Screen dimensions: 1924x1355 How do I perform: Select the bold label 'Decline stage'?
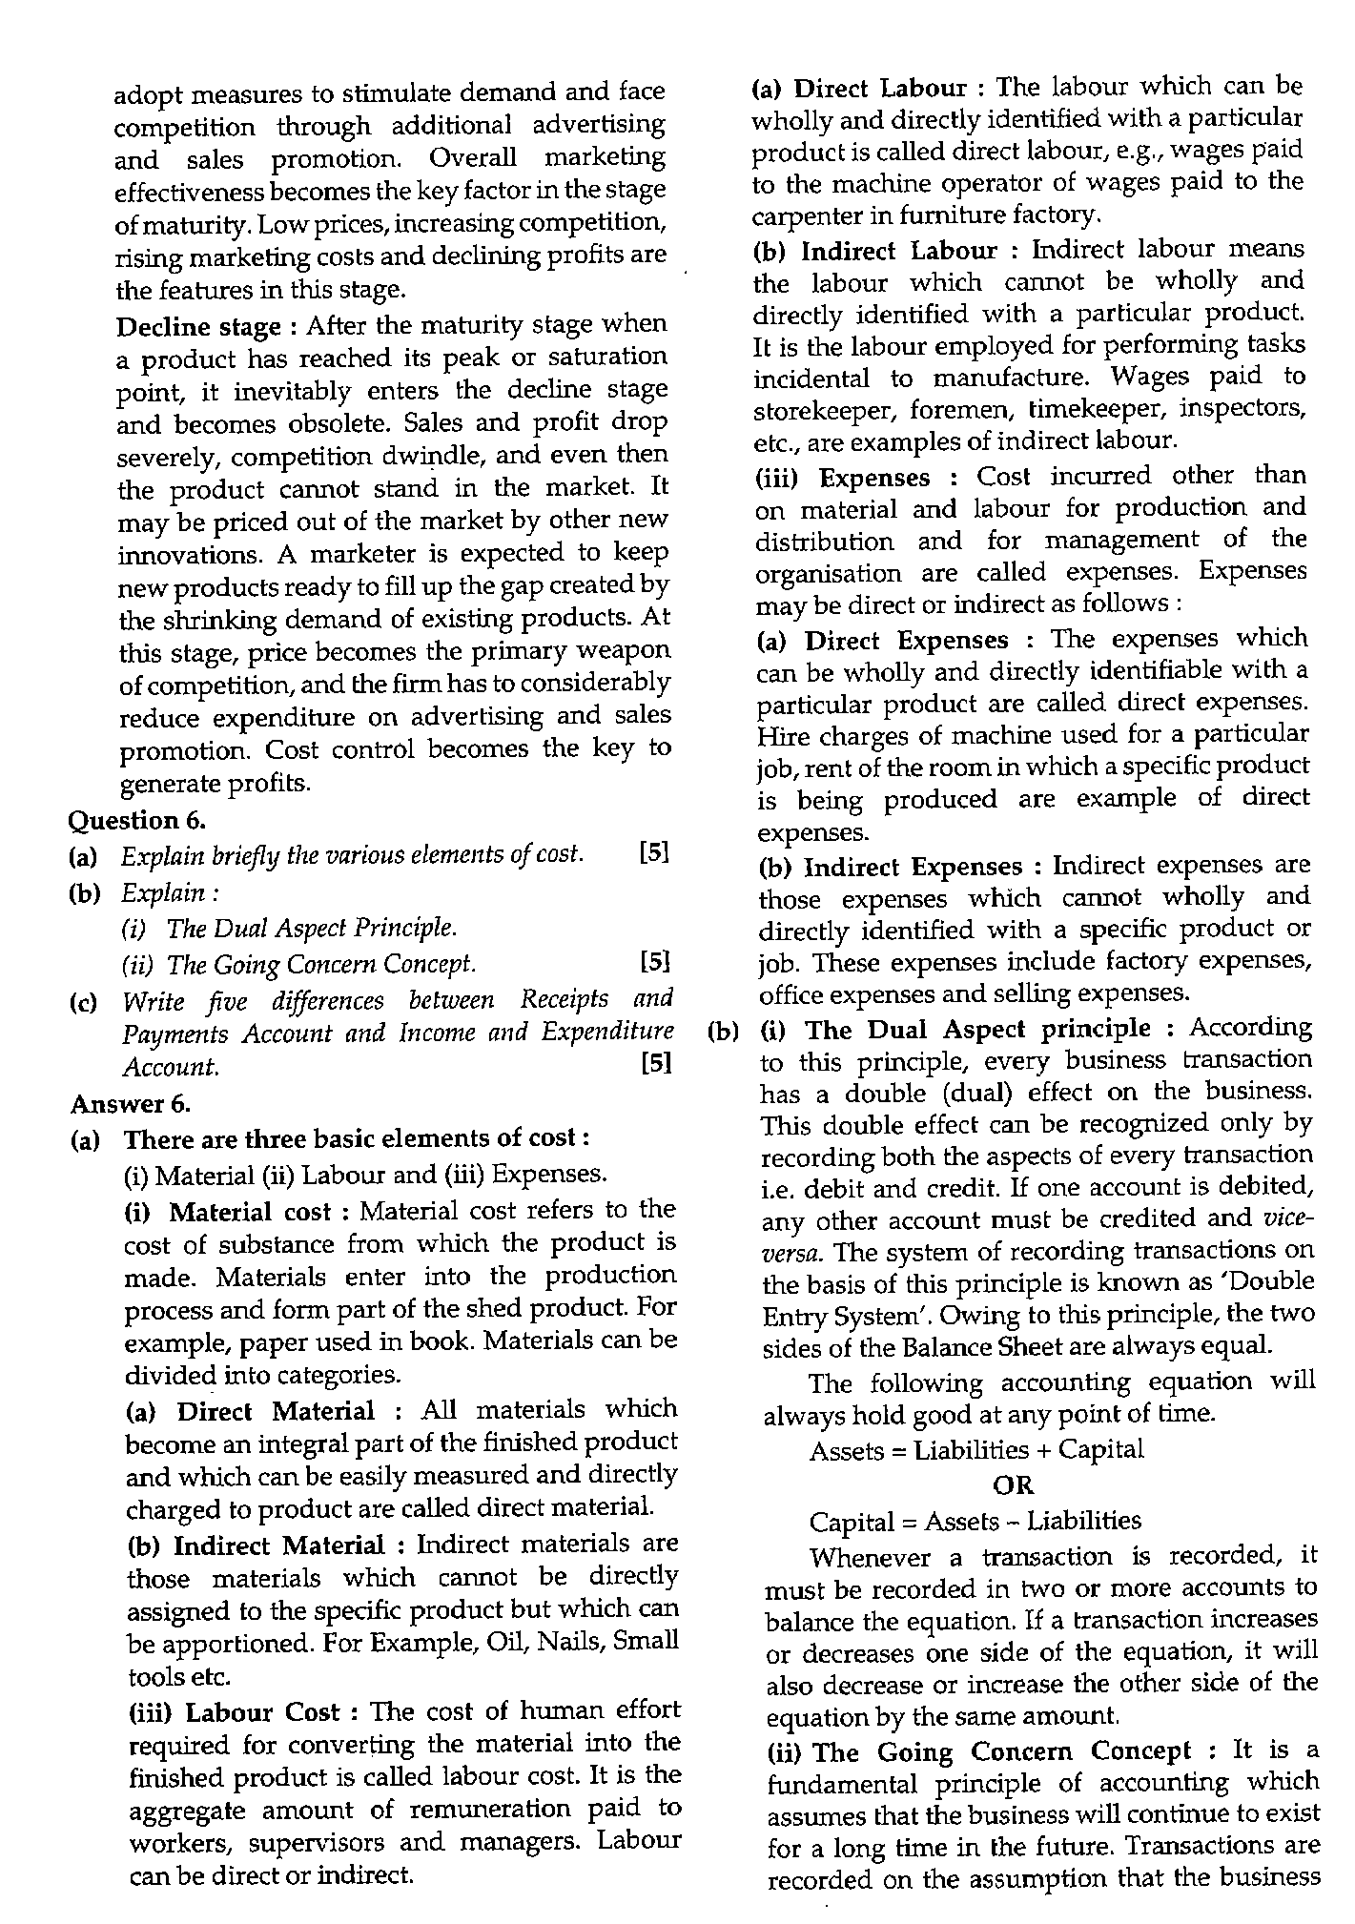tap(198, 327)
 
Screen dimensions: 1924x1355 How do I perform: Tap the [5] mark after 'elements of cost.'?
tap(654, 852)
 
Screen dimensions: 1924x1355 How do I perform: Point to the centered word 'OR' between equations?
tap(1013, 1484)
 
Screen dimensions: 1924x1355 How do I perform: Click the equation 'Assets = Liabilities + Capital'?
tap(975, 1450)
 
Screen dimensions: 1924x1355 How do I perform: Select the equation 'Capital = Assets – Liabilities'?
tap(975, 1521)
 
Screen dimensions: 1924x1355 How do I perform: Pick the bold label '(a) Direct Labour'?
tap(860, 89)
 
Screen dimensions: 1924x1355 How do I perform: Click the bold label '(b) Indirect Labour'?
tap(874, 251)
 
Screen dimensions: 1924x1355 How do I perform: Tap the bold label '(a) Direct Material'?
tap(250, 1410)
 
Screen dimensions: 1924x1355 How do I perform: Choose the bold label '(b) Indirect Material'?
tap(255, 1544)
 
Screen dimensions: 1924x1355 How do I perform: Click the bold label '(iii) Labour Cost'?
tap(234, 1711)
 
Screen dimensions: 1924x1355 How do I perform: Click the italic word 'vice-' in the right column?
tap(1288, 1218)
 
